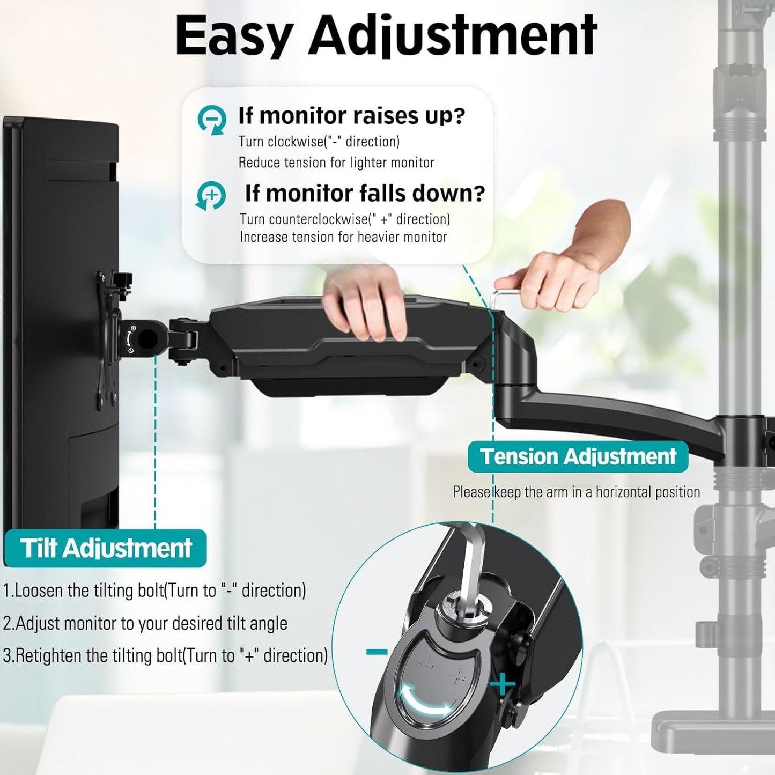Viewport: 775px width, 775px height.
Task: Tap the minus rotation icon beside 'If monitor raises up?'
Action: (x=211, y=120)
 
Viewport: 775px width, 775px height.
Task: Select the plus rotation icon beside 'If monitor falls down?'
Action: (x=211, y=196)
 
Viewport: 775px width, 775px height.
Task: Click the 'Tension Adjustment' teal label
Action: (x=578, y=457)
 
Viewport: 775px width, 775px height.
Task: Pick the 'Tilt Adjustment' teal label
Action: (x=105, y=548)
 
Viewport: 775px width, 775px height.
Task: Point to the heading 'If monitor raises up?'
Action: (x=351, y=115)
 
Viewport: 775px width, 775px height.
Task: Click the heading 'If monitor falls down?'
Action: (x=365, y=193)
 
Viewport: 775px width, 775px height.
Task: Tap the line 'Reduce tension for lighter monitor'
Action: (x=336, y=163)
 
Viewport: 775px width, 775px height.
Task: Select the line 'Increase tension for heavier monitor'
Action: (x=343, y=237)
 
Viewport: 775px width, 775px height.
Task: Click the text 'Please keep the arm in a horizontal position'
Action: (x=576, y=492)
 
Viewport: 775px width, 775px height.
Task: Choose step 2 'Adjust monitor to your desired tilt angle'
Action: (x=145, y=623)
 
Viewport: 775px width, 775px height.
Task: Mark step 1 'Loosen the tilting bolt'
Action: (x=154, y=591)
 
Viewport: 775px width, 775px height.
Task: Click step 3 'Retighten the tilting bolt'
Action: (x=165, y=655)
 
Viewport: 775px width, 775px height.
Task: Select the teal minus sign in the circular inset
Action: (x=377, y=652)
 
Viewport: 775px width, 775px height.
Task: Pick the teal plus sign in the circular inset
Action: (x=501, y=684)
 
